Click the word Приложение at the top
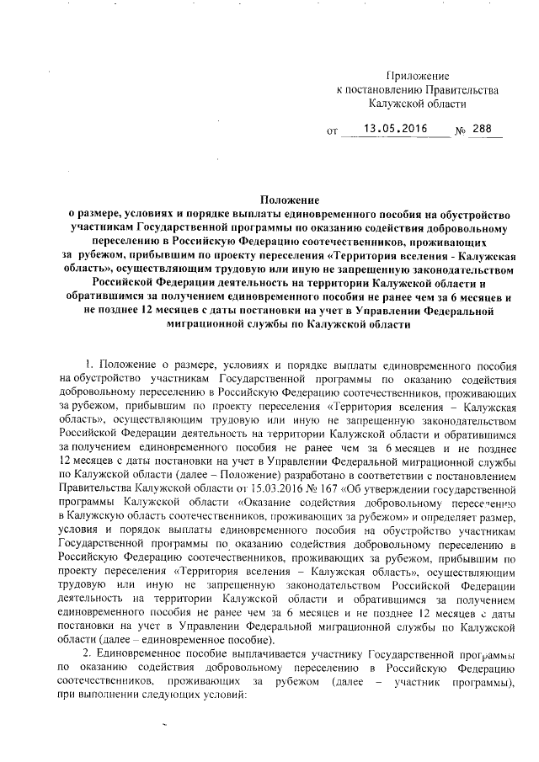tap(418, 77)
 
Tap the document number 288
tap(483, 130)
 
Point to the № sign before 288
tap(461, 131)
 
